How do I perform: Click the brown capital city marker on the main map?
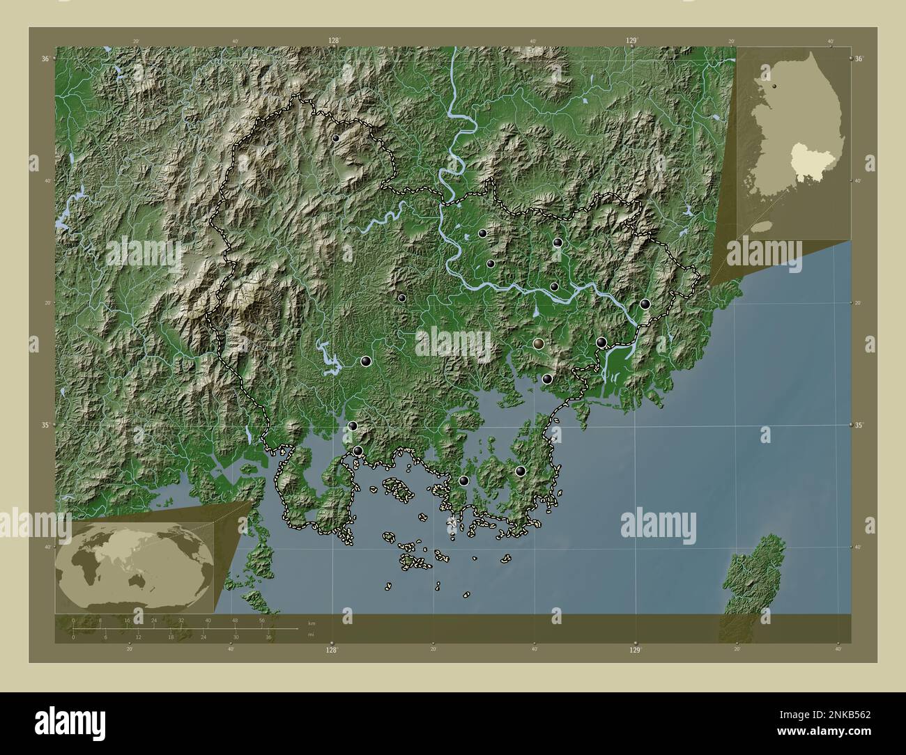click(539, 343)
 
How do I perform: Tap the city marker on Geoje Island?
click(520, 471)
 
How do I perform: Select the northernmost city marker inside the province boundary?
click(336, 138)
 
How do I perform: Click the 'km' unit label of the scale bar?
click(311, 623)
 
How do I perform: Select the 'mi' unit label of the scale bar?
click(310, 634)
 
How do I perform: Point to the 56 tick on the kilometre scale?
click(262, 619)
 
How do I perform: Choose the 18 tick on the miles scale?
click(171, 637)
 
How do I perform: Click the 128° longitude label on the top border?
click(334, 40)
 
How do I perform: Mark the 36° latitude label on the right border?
click(860, 59)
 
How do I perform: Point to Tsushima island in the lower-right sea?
click(754, 573)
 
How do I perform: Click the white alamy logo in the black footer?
click(70, 723)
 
